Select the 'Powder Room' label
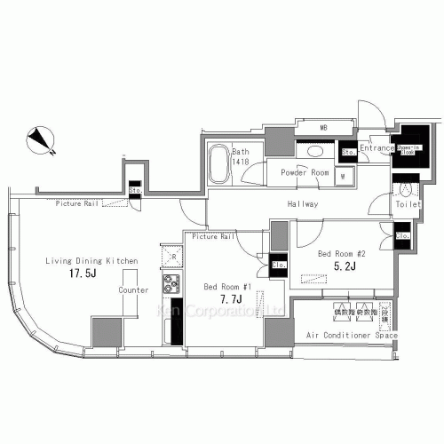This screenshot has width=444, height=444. coord(305,173)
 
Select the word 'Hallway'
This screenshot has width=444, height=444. coord(303,204)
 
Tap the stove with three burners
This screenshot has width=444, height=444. coord(170,285)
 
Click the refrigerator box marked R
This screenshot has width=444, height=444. coord(170,257)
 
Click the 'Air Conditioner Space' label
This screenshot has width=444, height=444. coord(351,336)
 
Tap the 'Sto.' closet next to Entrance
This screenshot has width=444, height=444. coord(349,151)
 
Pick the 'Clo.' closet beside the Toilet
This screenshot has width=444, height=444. coord(401,235)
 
